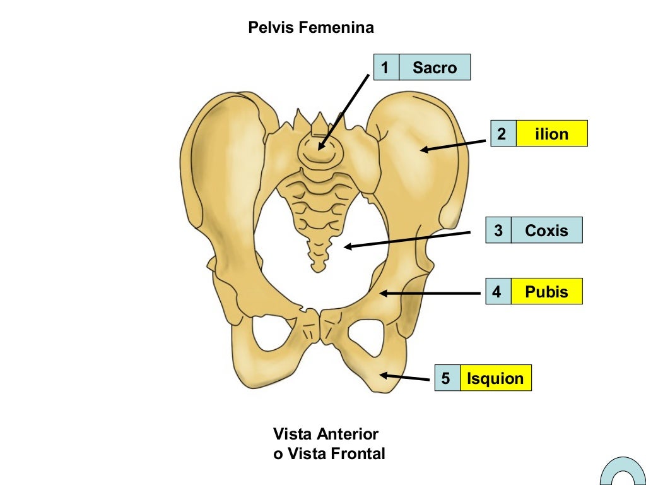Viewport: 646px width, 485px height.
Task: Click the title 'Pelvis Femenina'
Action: click(x=311, y=28)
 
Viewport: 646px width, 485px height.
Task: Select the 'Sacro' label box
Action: click(x=435, y=68)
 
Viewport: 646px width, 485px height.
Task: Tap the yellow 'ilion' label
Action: click(x=551, y=134)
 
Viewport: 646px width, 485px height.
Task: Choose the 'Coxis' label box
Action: click(x=546, y=231)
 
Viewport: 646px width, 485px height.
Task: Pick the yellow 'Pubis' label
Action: click(x=546, y=292)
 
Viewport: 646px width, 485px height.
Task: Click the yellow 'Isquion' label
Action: click(x=495, y=378)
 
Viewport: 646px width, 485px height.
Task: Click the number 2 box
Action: click(x=502, y=134)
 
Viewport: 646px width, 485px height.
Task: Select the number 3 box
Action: click(x=498, y=231)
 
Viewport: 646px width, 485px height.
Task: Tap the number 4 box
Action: click(x=498, y=292)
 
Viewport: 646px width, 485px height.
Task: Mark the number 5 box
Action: click(x=447, y=378)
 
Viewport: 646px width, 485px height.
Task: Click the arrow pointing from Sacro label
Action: click(x=344, y=111)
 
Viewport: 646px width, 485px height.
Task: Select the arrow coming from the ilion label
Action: click(x=454, y=146)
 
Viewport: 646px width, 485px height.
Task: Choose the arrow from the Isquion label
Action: click(x=405, y=378)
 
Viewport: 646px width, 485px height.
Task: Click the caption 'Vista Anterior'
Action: click(x=326, y=434)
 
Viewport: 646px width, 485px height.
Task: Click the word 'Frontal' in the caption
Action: click(x=359, y=453)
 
